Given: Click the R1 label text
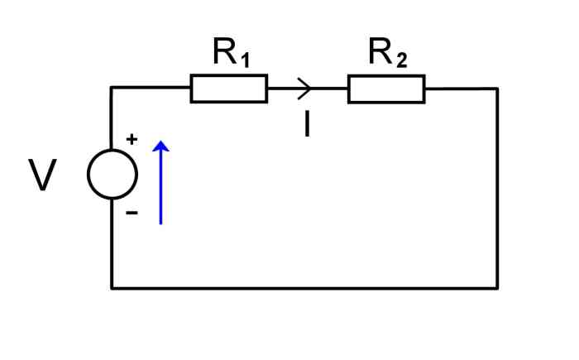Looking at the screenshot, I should tap(231, 55).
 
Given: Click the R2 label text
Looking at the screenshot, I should tap(387, 55).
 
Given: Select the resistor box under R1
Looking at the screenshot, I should tap(229, 89).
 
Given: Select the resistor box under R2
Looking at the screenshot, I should tap(386, 89).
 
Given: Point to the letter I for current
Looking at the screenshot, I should tap(307, 124).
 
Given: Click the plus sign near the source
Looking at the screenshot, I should tap(132, 140).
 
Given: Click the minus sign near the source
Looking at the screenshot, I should tap(132, 213).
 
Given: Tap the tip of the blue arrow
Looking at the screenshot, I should tap(161, 142).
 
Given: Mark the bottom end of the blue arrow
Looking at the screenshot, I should tap(161, 223).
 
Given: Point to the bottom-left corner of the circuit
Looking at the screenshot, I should tap(112, 288).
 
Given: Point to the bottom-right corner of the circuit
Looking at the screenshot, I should tap(497, 288).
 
